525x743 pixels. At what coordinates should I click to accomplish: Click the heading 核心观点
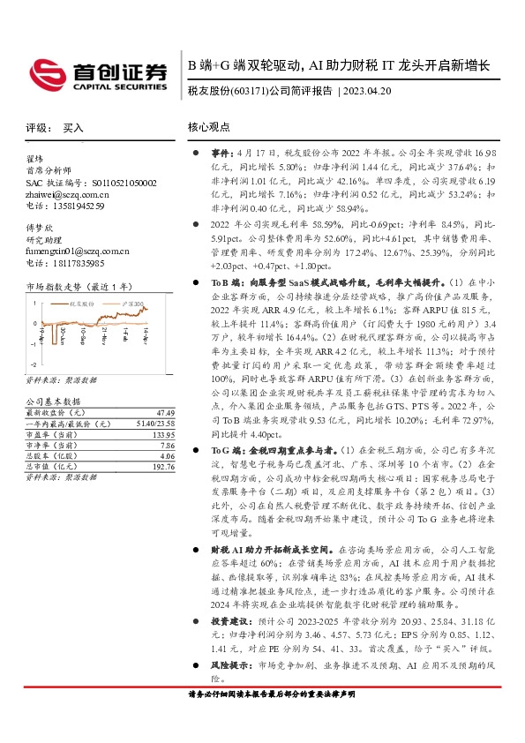click(x=208, y=127)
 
